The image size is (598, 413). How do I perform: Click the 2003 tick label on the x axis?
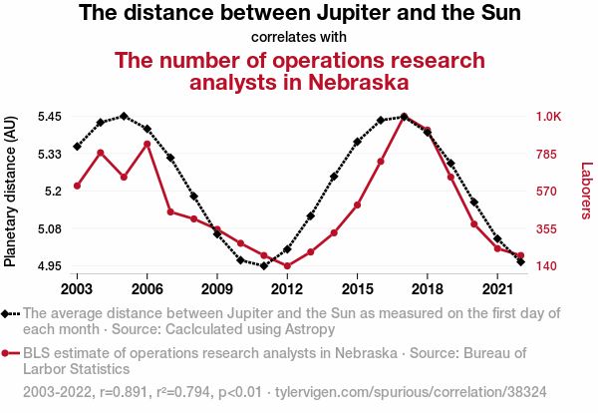click(77, 289)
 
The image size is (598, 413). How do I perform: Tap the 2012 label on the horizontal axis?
click(287, 289)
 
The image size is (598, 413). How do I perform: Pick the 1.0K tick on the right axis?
click(549, 116)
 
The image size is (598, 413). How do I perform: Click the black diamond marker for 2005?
click(124, 116)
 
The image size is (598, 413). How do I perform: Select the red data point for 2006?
click(147, 144)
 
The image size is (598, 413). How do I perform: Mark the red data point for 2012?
click(287, 266)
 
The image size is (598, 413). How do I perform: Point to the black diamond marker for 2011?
click(264, 266)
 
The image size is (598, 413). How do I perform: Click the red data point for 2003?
click(77, 186)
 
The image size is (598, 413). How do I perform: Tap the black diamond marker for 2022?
click(520, 261)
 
